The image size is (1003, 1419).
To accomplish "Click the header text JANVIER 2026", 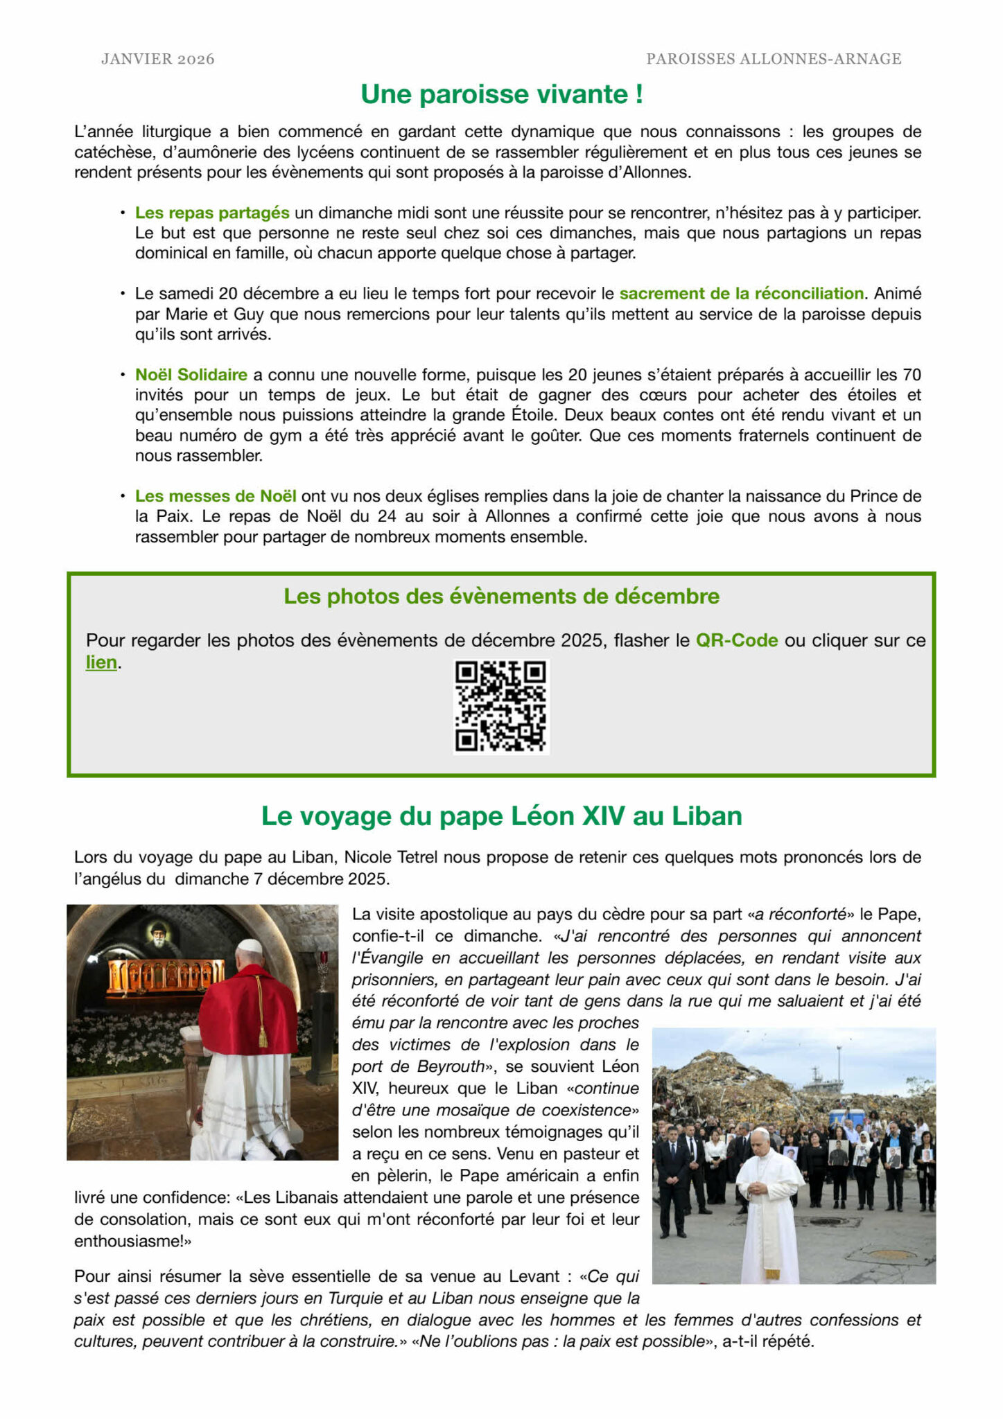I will [x=157, y=60].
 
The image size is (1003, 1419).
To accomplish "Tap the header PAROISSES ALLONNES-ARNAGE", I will [x=774, y=60].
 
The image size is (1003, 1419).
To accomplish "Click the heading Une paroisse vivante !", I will [x=502, y=94].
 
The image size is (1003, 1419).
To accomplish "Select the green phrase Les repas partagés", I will [x=212, y=213].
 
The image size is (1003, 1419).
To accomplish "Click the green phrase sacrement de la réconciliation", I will [x=741, y=293].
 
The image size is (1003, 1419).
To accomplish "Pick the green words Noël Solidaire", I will [x=191, y=375].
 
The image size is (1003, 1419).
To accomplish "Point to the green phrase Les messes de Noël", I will [x=216, y=496].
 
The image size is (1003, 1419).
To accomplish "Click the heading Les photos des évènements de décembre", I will [x=501, y=596].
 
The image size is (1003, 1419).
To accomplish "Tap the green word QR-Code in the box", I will [x=736, y=640].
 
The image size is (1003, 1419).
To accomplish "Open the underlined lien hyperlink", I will [x=101, y=662].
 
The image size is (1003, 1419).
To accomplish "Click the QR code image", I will [x=501, y=706].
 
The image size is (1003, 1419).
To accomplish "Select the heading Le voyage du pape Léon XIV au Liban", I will [x=501, y=816].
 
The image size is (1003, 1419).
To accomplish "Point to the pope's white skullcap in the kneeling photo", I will [x=250, y=946].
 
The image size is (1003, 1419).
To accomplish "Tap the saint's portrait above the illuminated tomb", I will [x=159, y=936].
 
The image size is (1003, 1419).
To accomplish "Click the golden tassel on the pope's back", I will [x=263, y=1037].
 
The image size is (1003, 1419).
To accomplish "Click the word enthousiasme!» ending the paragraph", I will [x=132, y=1241].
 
